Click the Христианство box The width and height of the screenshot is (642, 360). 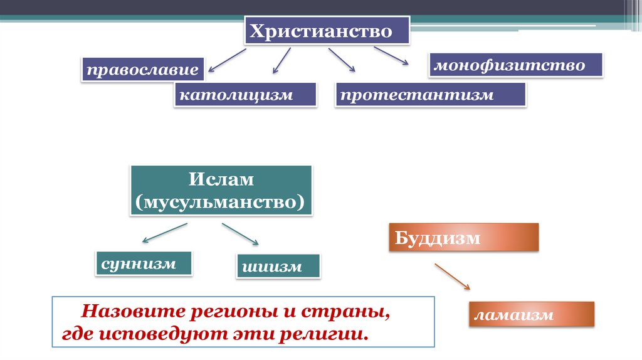327,31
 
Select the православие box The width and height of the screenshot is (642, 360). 143,70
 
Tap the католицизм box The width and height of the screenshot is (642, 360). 245,95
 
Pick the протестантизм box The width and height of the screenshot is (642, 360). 430,95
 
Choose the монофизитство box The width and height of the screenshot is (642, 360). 515,65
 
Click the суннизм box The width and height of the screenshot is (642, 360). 144,263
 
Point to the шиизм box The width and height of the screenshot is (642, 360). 278,267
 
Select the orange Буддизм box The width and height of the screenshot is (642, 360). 463,238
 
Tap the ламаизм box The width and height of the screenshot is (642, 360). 530,314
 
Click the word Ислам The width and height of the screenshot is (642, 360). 221,179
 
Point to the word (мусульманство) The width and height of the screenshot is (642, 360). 221,201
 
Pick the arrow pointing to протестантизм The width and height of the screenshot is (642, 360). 341,60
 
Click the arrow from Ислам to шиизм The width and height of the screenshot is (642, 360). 240,233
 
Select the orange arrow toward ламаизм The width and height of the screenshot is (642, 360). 452,276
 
